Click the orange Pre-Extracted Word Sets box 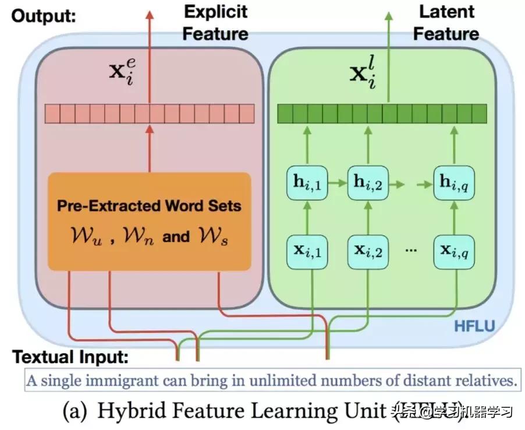[x=149, y=221]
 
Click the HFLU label [x=474, y=326]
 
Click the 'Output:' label [x=44, y=16]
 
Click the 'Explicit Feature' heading [x=215, y=22]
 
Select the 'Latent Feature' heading [x=446, y=22]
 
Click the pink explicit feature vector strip [x=150, y=113]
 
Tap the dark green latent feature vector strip [x=381, y=112]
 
